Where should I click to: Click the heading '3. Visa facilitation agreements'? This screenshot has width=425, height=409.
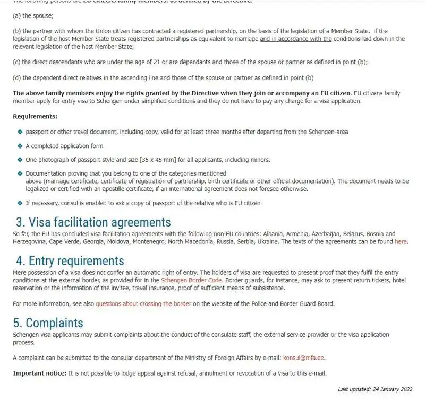tap(93, 222)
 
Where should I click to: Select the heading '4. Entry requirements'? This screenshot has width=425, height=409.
tap(70, 260)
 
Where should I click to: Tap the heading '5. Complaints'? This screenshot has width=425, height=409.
tap(48, 323)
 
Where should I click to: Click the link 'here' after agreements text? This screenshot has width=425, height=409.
tap(401, 241)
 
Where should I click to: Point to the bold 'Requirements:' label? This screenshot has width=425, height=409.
tap(35, 116)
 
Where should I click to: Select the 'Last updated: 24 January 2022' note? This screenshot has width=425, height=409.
tap(375, 389)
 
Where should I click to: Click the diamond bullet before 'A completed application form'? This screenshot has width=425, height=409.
tap(20, 145)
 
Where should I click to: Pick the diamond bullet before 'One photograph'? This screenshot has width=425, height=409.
tap(20, 159)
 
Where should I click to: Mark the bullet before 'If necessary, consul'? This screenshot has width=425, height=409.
tap(20, 203)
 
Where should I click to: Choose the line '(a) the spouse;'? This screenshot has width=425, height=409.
tap(33, 16)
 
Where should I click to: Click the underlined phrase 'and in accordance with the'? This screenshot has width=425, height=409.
tap(295, 39)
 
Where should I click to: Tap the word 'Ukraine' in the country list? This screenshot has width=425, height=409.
tap(267, 241)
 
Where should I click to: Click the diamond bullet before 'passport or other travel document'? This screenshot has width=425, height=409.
tap(20, 132)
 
